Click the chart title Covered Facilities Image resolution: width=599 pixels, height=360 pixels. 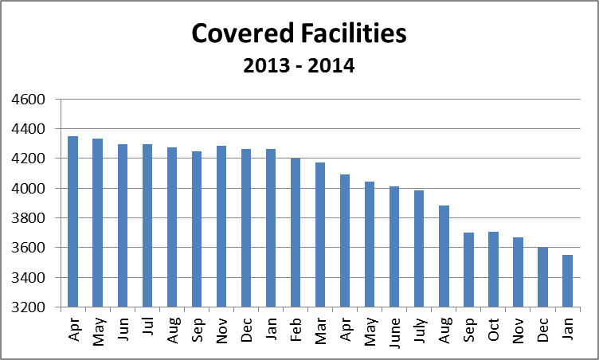coord(299,34)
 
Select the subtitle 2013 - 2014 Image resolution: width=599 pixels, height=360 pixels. coord(299,65)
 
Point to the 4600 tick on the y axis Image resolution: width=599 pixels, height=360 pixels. coord(29,100)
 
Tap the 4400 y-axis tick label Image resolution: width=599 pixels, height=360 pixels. coord(29,129)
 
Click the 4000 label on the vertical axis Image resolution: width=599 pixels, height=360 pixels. coord(29,189)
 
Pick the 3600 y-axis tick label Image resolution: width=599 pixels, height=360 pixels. coord(29,248)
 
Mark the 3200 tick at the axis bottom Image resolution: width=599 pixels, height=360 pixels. coord(29,307)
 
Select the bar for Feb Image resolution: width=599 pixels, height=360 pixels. coord(296,233)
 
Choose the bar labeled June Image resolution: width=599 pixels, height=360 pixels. coord(394,247)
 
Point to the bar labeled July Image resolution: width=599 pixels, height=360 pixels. coord(419,248)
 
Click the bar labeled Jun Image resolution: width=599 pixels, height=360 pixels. coord(123,225)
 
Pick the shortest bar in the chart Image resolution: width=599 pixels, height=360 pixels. coord(568,280)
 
